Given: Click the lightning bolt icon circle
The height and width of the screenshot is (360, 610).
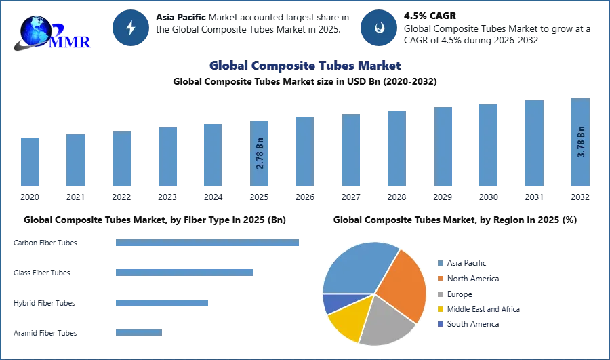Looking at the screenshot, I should [x=131, y=28].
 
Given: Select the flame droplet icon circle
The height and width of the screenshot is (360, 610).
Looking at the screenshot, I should [x=379, y=28].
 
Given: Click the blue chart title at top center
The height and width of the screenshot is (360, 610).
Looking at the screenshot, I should [x=304, y=66].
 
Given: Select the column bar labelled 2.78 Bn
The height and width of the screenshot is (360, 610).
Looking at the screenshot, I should [x=260, y=155].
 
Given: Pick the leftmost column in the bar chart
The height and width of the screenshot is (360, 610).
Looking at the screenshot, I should [x=30, y=163].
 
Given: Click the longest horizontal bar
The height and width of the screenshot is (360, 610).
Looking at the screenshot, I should [x=208, y=243].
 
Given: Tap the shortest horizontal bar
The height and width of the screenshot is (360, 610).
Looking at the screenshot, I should [x=138, y=332].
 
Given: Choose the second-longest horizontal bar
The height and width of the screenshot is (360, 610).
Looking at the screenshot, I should [x=184, y=272].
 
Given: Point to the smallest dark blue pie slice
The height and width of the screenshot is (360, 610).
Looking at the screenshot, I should [x=331, y=303].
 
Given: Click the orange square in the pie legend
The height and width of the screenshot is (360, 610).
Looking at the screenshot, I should [x=439, y=277].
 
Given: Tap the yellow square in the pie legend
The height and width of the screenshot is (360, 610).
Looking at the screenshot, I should [x=439, y=309].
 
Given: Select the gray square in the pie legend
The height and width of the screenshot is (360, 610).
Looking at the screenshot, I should [x=439, y=294].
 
